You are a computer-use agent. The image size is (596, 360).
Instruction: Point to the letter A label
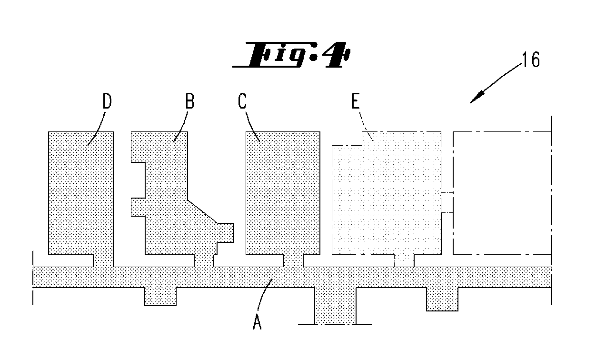257,322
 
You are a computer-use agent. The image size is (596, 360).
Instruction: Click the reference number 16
531,60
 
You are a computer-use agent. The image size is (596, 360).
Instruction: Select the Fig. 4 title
291,55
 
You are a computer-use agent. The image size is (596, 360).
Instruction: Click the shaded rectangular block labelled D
81,193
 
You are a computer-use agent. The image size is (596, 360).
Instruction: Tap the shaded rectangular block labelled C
283,193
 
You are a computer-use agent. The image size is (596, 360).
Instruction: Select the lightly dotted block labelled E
387,193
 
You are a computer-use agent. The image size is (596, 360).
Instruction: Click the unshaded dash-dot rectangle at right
503,193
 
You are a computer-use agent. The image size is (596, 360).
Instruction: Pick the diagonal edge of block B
202,211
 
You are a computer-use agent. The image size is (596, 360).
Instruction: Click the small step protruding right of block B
226,233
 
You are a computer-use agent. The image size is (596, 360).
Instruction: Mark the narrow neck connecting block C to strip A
293,261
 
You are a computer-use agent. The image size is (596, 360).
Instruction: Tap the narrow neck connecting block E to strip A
404,261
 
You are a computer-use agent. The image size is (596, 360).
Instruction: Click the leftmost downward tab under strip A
160,296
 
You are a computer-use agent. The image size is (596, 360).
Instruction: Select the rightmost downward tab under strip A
442,299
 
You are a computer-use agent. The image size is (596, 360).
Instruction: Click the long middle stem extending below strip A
336,306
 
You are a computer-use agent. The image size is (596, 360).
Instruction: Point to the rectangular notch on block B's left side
138,180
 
